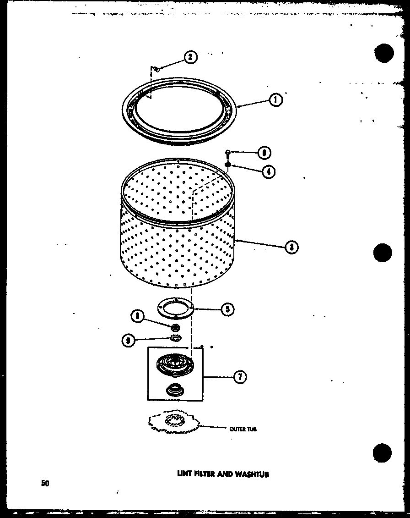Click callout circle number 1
(x=275, y=99)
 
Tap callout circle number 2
(x=190, y=57)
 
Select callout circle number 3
(x=291, y=247)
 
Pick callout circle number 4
(x=269, y=171)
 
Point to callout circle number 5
(x=227, y=309)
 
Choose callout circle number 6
(x=264, y=152)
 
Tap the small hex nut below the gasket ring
(x=174, y=327)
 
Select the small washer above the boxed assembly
(x=174, y=338)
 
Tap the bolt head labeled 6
(x=227, y=153)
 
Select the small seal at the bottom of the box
(x=174, y=390)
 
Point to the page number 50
(x=45, y=483)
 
